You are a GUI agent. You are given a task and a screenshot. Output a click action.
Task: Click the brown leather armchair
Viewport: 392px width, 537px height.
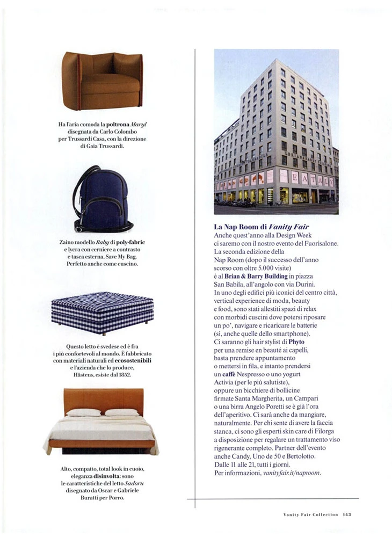[102, 81]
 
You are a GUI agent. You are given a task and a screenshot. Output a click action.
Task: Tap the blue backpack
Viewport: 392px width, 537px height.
[102, 200]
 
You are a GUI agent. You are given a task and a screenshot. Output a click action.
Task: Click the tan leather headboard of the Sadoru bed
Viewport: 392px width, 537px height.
[102, 400]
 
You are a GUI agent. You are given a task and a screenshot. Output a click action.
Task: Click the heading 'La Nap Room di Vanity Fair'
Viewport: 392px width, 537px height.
[262, 227]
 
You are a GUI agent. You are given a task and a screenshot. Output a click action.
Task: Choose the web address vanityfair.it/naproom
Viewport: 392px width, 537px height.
[292, 473]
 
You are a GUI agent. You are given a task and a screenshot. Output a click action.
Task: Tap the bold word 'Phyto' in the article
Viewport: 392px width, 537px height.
[296, 341]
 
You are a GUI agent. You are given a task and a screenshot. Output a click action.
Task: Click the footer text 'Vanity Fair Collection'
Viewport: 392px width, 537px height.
[310, 514]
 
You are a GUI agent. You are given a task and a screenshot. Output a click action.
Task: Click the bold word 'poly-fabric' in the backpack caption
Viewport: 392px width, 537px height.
[127, 242]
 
